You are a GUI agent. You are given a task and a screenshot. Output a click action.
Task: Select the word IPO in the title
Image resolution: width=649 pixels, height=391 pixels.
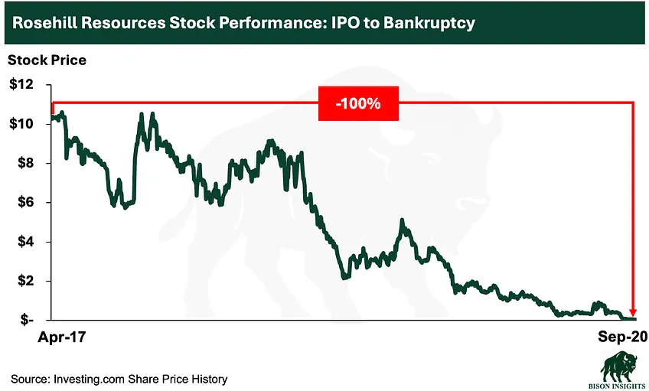(338, 23)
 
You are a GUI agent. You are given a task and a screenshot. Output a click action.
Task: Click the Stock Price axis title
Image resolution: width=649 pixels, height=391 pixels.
(47, 60)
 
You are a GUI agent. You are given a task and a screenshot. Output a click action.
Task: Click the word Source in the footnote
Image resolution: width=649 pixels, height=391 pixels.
(29, 379)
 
